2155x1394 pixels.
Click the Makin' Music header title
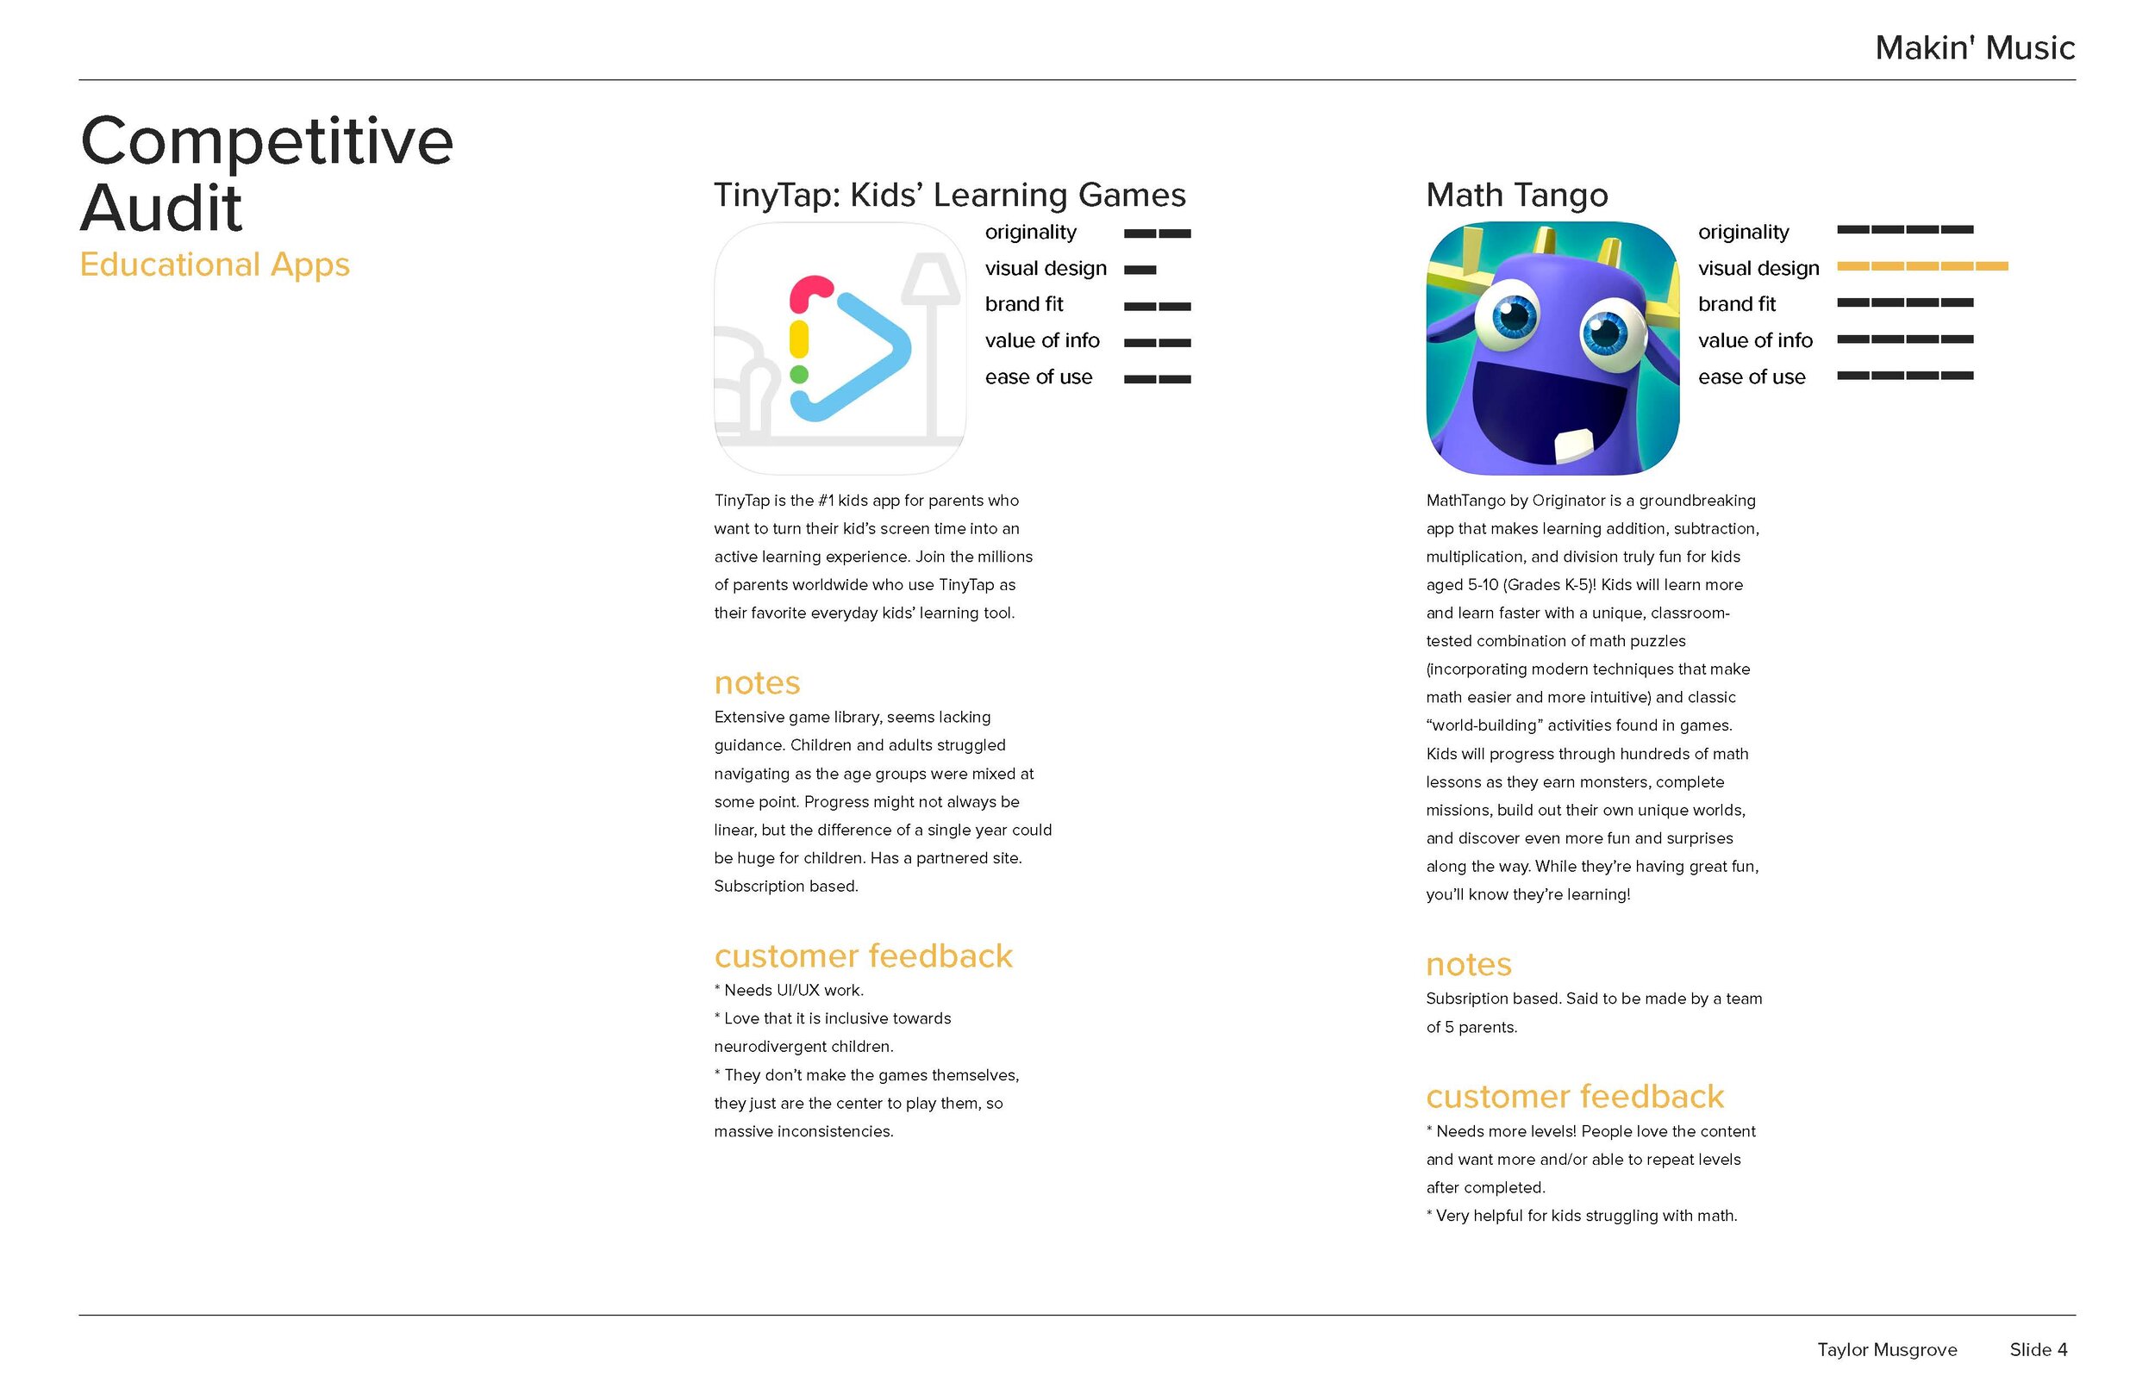coord(1974,48)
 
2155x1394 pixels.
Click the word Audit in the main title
coord(161,208)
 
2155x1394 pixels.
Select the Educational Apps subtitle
coord(215,264)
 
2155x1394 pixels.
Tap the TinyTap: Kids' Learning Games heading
coord(949,195)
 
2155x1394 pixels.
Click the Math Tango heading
coord(1516,195)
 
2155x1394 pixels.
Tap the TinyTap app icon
coord(840,348)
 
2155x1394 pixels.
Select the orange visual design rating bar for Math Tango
coord(1921,266)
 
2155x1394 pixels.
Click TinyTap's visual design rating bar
coord(1140,270)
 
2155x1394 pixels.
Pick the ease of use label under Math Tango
coord(1752,377)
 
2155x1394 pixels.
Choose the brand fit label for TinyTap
coord(1023,304)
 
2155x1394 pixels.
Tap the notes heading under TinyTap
coord(757,682)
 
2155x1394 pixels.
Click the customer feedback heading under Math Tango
coord(1575,1096)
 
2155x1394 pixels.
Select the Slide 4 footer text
coord(2038,1350)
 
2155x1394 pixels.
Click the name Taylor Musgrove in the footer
coord(1887,1350)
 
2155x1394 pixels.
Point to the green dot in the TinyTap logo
coord(798,374)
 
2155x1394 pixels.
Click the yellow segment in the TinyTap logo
coord(798,339)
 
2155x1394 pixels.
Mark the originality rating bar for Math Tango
coord(1904,230)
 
